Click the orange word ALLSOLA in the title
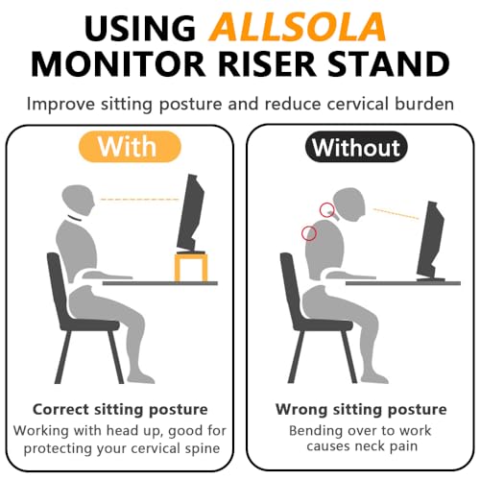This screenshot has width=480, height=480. [x=297, y=27]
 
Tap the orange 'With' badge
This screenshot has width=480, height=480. [x=130, y=147]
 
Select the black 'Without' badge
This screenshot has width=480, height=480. [x=356, y=147]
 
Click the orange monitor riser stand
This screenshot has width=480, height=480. [x=191, y=267]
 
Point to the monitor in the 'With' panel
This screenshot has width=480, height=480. [x=191, y=213]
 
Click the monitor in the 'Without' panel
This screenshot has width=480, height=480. [x=431, y=241]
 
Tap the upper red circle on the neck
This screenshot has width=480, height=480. [x=327, y=210]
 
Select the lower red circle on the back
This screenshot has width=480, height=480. [x=309, y=233]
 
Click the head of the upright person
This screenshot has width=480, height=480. [x=78, y=200]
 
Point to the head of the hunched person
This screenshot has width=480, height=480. [x=348, y=204]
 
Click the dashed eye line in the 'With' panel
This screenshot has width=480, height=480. [x=140, y=200]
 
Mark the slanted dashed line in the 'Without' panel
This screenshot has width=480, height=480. [x=396, y=214]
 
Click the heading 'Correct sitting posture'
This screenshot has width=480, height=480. [x=120, y=409]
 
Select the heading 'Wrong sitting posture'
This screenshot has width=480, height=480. [x=361, y=409]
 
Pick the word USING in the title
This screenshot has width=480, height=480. [x=140, y=28]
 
